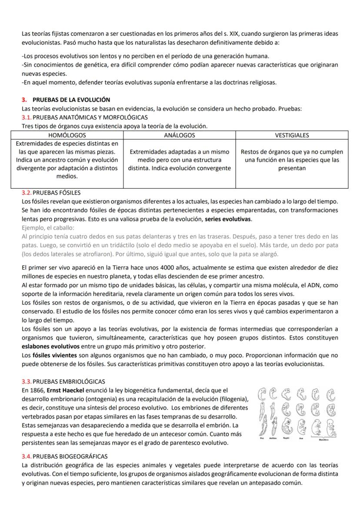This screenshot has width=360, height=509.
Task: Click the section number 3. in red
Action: (25, 100)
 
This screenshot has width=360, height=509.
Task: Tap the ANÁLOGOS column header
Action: (179, 135)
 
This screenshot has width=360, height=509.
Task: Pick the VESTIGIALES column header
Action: (292, 135)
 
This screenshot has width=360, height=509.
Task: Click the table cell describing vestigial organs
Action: (292, 160)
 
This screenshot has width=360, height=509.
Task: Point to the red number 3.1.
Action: (27, 117)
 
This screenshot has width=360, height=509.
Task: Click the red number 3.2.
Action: (27, 193)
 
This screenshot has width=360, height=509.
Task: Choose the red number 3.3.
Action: (27, 381)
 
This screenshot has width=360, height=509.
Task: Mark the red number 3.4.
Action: (27, 456)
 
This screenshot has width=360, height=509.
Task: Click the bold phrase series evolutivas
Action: (228, 219)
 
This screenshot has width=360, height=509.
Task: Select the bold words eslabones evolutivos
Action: (51, 346)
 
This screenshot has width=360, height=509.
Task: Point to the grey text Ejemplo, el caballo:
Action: (48, 228)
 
